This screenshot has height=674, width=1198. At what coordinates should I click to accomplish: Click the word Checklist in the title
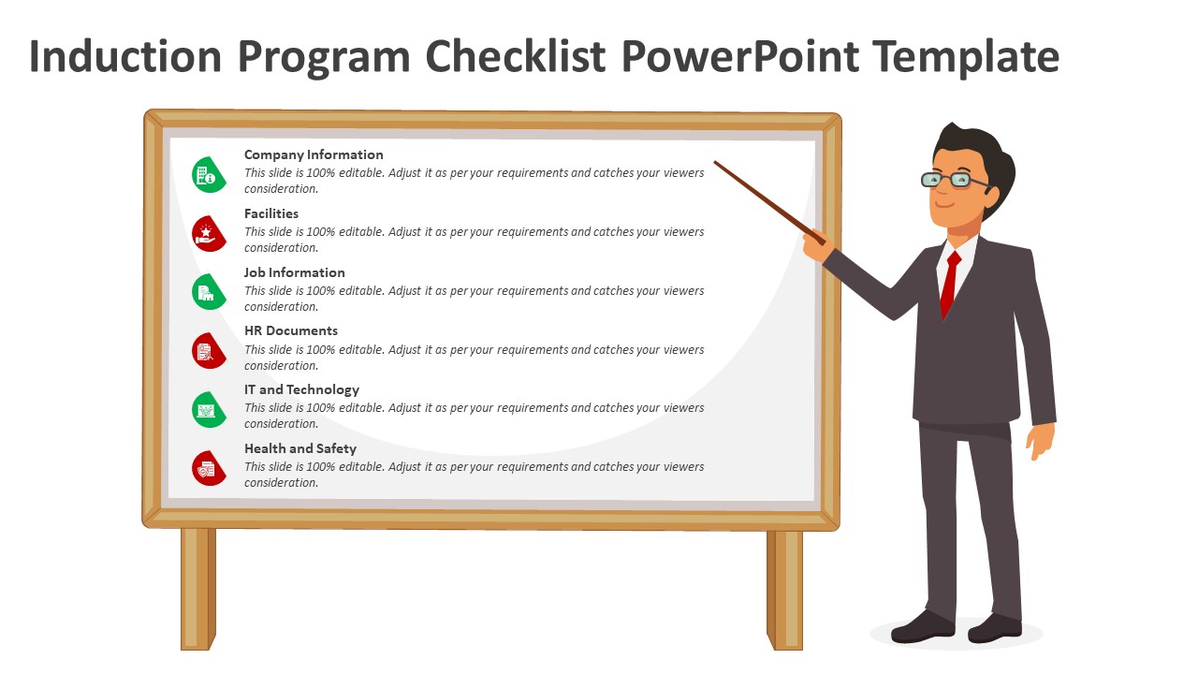point(516,56)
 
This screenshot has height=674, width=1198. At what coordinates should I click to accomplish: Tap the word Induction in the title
point(125,56)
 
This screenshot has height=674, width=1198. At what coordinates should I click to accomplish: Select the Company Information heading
point(314,154)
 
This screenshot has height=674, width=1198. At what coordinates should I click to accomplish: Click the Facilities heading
point(271,213)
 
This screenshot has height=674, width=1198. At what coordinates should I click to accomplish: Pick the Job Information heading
point(294,272)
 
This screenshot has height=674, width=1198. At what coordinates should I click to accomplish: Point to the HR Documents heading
point(290,330)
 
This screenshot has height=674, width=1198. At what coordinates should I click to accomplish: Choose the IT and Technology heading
point(301,389)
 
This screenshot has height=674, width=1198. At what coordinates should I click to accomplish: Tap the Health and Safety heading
point(300,448)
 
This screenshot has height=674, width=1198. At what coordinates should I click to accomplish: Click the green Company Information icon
point(208,174)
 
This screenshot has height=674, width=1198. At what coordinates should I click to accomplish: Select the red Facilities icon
point(208,233)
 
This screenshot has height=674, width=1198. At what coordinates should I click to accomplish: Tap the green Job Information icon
point(208,292)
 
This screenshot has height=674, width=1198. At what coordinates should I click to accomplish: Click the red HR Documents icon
point(208,351)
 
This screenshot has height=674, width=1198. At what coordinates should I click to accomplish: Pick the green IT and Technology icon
point(208,410)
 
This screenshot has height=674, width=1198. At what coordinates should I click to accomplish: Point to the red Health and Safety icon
point(208,468)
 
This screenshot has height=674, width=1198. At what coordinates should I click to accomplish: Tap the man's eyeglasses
point(955,180)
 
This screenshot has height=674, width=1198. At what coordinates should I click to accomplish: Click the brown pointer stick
point(769,202)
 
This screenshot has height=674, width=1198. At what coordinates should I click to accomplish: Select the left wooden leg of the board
point(197,589)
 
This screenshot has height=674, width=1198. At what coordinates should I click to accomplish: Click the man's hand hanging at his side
point(1040,441)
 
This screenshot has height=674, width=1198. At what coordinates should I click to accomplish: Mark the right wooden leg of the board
point(784,590)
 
